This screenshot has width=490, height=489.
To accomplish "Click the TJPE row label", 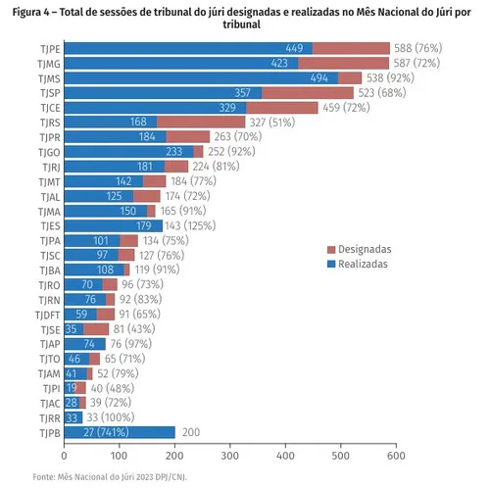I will coord(48,48).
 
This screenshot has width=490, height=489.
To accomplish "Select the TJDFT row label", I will coord(45,315).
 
